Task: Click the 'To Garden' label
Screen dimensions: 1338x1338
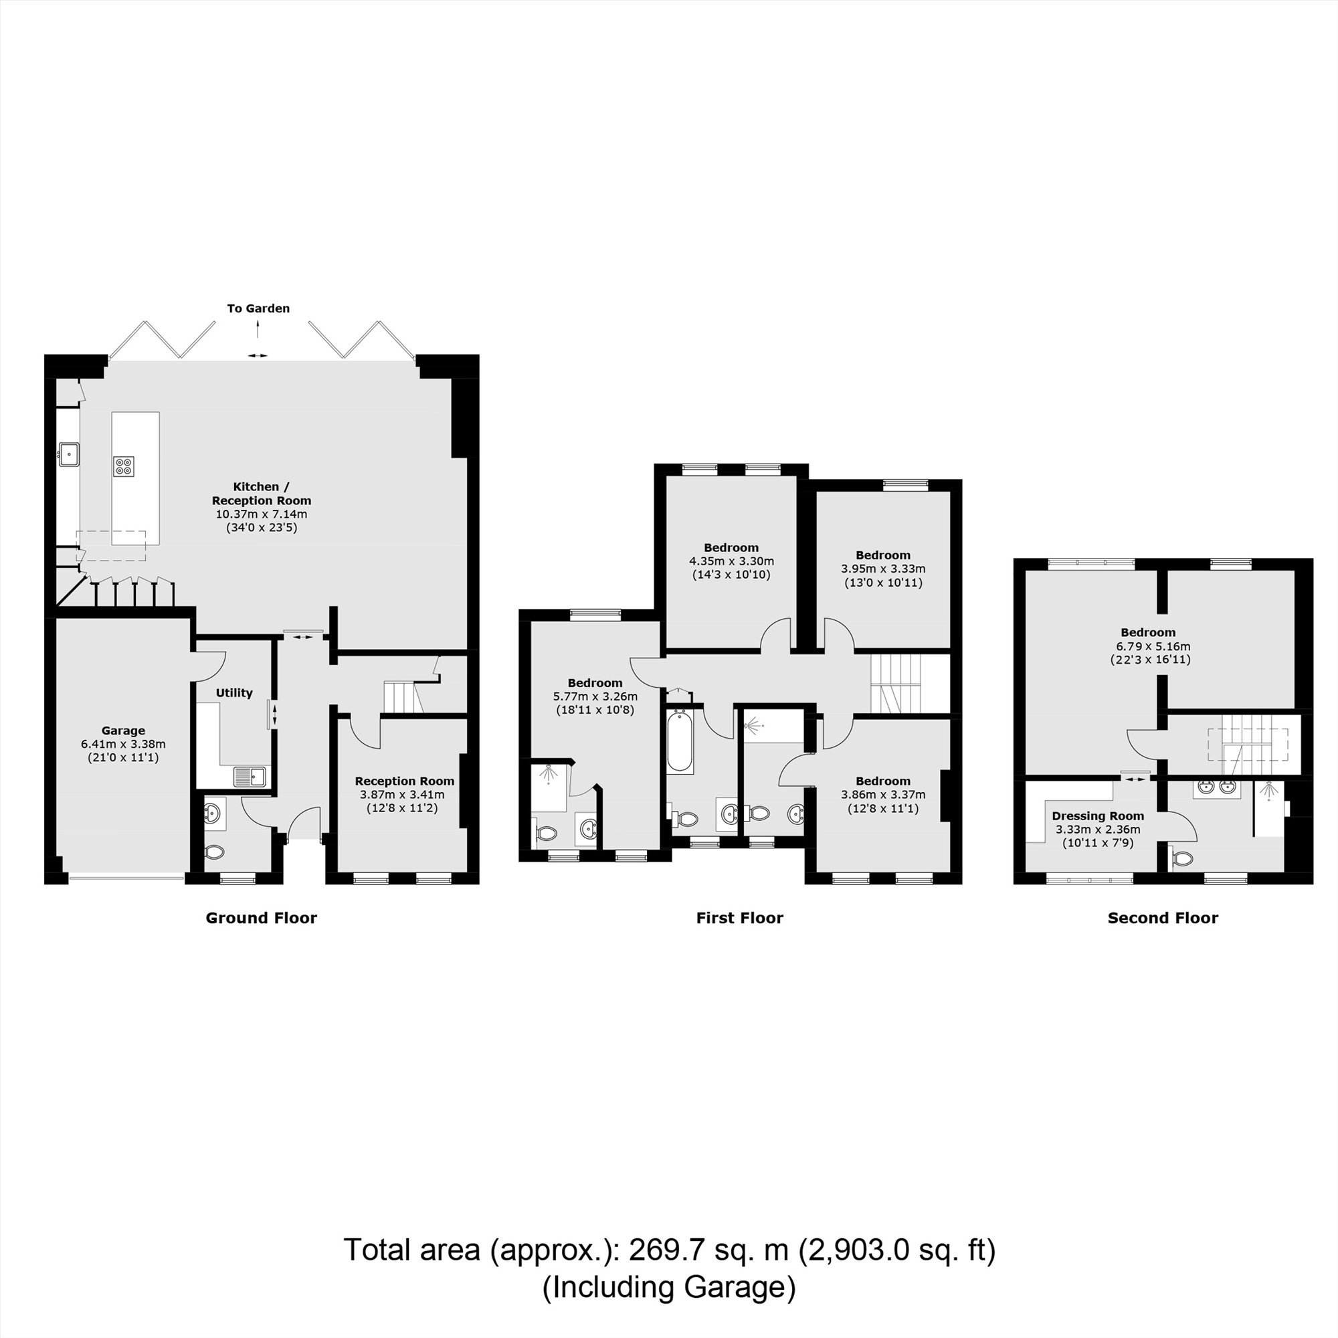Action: pyautogui.click(x=258, y=308)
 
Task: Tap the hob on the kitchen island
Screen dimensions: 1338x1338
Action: pyautogui.click(x=124, y=466)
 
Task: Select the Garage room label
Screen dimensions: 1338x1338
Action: pyautogui.click(x=123, y=730)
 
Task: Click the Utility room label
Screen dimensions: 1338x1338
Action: pyautogui.click(x=234, y=692)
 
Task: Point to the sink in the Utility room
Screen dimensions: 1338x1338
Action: pyautogui.click(x=250, y=776)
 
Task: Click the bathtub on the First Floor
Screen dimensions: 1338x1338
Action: pyautogui.click(x=680, y=741)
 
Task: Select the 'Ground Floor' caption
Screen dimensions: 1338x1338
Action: pyautogui.click(x=261, y=918)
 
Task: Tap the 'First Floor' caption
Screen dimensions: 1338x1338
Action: pyautogui.click(x=740, y=918)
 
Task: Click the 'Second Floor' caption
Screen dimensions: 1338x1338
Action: pyautogui.click(x=1163, y=918)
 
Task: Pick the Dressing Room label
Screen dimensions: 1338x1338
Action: pyautogui.click(x=1098, y=816)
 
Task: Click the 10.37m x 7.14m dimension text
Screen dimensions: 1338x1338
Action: pyautogui.click(x=261, y=514)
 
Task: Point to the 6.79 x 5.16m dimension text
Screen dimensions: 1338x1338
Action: pyautogui.click(x=1147, y=646)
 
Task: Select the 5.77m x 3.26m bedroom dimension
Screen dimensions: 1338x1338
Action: pyautogui.click(x=595, y=696)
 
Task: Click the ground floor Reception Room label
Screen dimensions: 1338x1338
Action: pyautogui.click(x=405, y=781)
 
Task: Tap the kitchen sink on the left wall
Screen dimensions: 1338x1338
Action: pyautogui.click(x=68, y=455)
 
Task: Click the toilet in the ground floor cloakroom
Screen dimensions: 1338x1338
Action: pyautogui.click(x=214, y=851)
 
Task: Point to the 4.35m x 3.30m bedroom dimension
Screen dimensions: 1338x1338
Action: pyautogui.click(x=731, y=561)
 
